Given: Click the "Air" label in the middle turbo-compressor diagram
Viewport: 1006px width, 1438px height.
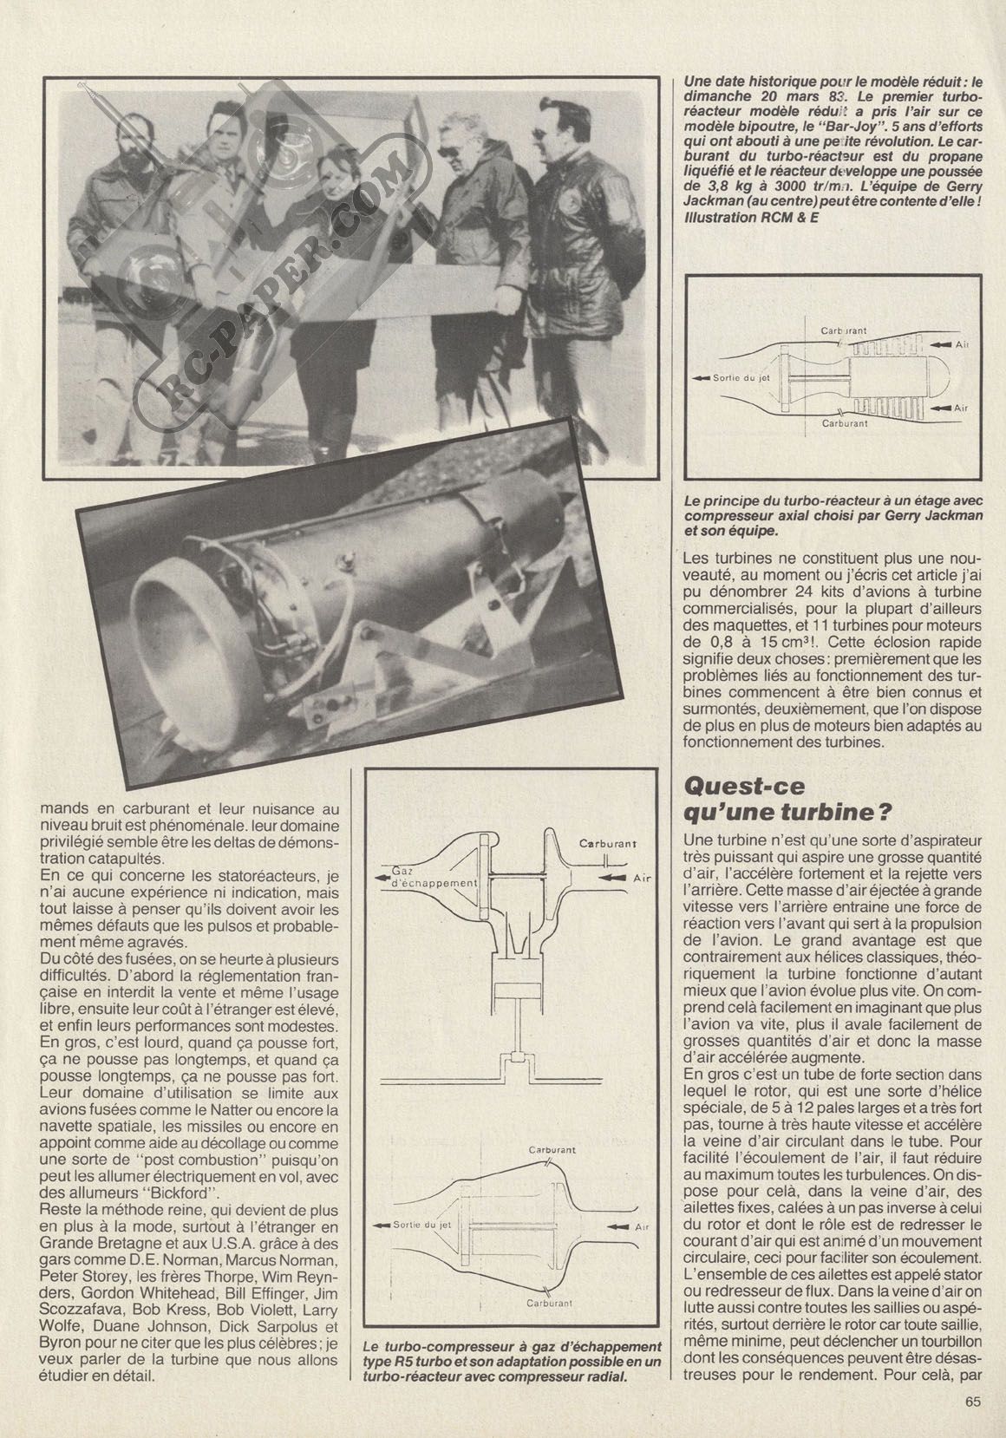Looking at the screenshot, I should (x=642, y=878).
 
